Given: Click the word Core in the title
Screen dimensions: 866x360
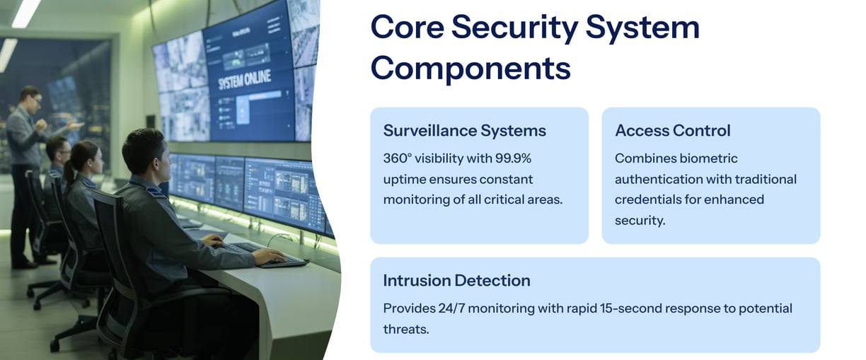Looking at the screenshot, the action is tap(408, 27).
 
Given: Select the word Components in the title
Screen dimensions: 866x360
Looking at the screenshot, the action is tap(470, 69).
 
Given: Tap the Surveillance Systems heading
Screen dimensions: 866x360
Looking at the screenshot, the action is tap(464, 131).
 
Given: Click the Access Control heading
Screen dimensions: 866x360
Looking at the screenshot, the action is tap(673, 131).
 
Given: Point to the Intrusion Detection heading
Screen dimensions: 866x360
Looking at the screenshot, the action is tap(456, 280).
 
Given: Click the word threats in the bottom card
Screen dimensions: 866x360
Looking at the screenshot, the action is tap(406, 329).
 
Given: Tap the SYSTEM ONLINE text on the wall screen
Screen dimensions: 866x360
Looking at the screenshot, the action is tap(244, 81).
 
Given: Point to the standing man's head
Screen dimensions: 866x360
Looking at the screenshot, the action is tap(30, 99).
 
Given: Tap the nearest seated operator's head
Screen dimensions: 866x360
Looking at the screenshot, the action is tap(147, 152).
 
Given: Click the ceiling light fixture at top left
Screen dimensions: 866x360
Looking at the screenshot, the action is tap(25, 13).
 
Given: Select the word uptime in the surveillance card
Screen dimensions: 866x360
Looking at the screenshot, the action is tap(403, 180).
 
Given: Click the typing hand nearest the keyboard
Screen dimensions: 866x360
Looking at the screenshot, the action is tap(269, 255).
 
